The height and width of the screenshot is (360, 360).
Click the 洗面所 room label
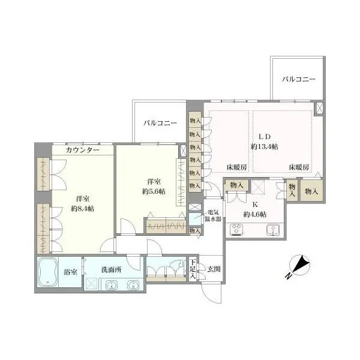coord(112,269)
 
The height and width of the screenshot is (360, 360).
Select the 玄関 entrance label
coord(213,268)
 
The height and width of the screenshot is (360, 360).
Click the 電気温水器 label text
coord(215,215)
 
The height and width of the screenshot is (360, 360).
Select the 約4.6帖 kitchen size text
coord(255,214)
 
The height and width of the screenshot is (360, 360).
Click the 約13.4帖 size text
coord(264,146)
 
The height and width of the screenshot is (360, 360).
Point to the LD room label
coord(265,136)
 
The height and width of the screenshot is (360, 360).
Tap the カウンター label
coord(82,149)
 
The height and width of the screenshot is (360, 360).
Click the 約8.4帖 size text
coord(83,208)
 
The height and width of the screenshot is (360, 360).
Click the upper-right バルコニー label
coord(298,79)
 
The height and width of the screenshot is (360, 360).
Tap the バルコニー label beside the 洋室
coord(160,123)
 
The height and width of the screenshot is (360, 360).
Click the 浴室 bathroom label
coord(70,272)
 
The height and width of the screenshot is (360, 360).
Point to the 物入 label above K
coord(236,185)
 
